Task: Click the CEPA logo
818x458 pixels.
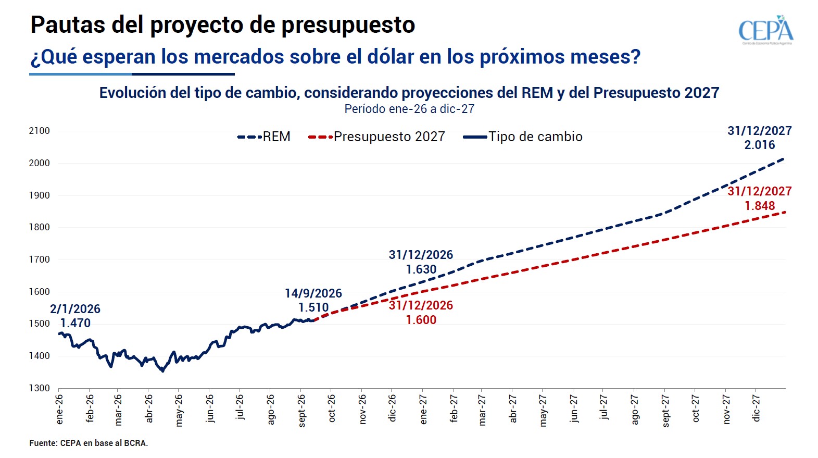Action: tap(766, 30)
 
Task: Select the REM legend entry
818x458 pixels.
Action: tap(263, 137)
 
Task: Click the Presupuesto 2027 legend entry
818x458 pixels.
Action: tap(376, 137)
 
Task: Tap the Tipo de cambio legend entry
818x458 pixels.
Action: tap(523, 137)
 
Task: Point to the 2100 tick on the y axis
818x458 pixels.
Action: tap(39, 131)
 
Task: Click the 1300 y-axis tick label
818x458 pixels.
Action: tap(39, 388)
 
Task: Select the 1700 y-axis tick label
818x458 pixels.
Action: tap(39, 259)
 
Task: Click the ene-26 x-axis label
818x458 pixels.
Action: tap(59, 410)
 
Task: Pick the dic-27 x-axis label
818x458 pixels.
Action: tap(756, 409)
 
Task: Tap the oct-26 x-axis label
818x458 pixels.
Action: tap(332, 409)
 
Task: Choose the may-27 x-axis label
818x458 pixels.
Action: tap(543, 411)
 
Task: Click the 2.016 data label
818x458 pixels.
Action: tap(760, 145)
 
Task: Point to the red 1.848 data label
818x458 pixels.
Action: tap(760, 206)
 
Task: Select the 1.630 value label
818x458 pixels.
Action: tap(421, 269)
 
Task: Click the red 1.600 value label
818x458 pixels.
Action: tap(421, 320)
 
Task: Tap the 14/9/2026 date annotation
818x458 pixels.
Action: tap(313, 293)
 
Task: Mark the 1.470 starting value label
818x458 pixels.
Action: tap(75, 323)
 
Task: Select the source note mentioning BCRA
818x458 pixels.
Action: tap(89, 443)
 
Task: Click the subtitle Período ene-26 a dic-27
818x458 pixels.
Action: tap(409, 109)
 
